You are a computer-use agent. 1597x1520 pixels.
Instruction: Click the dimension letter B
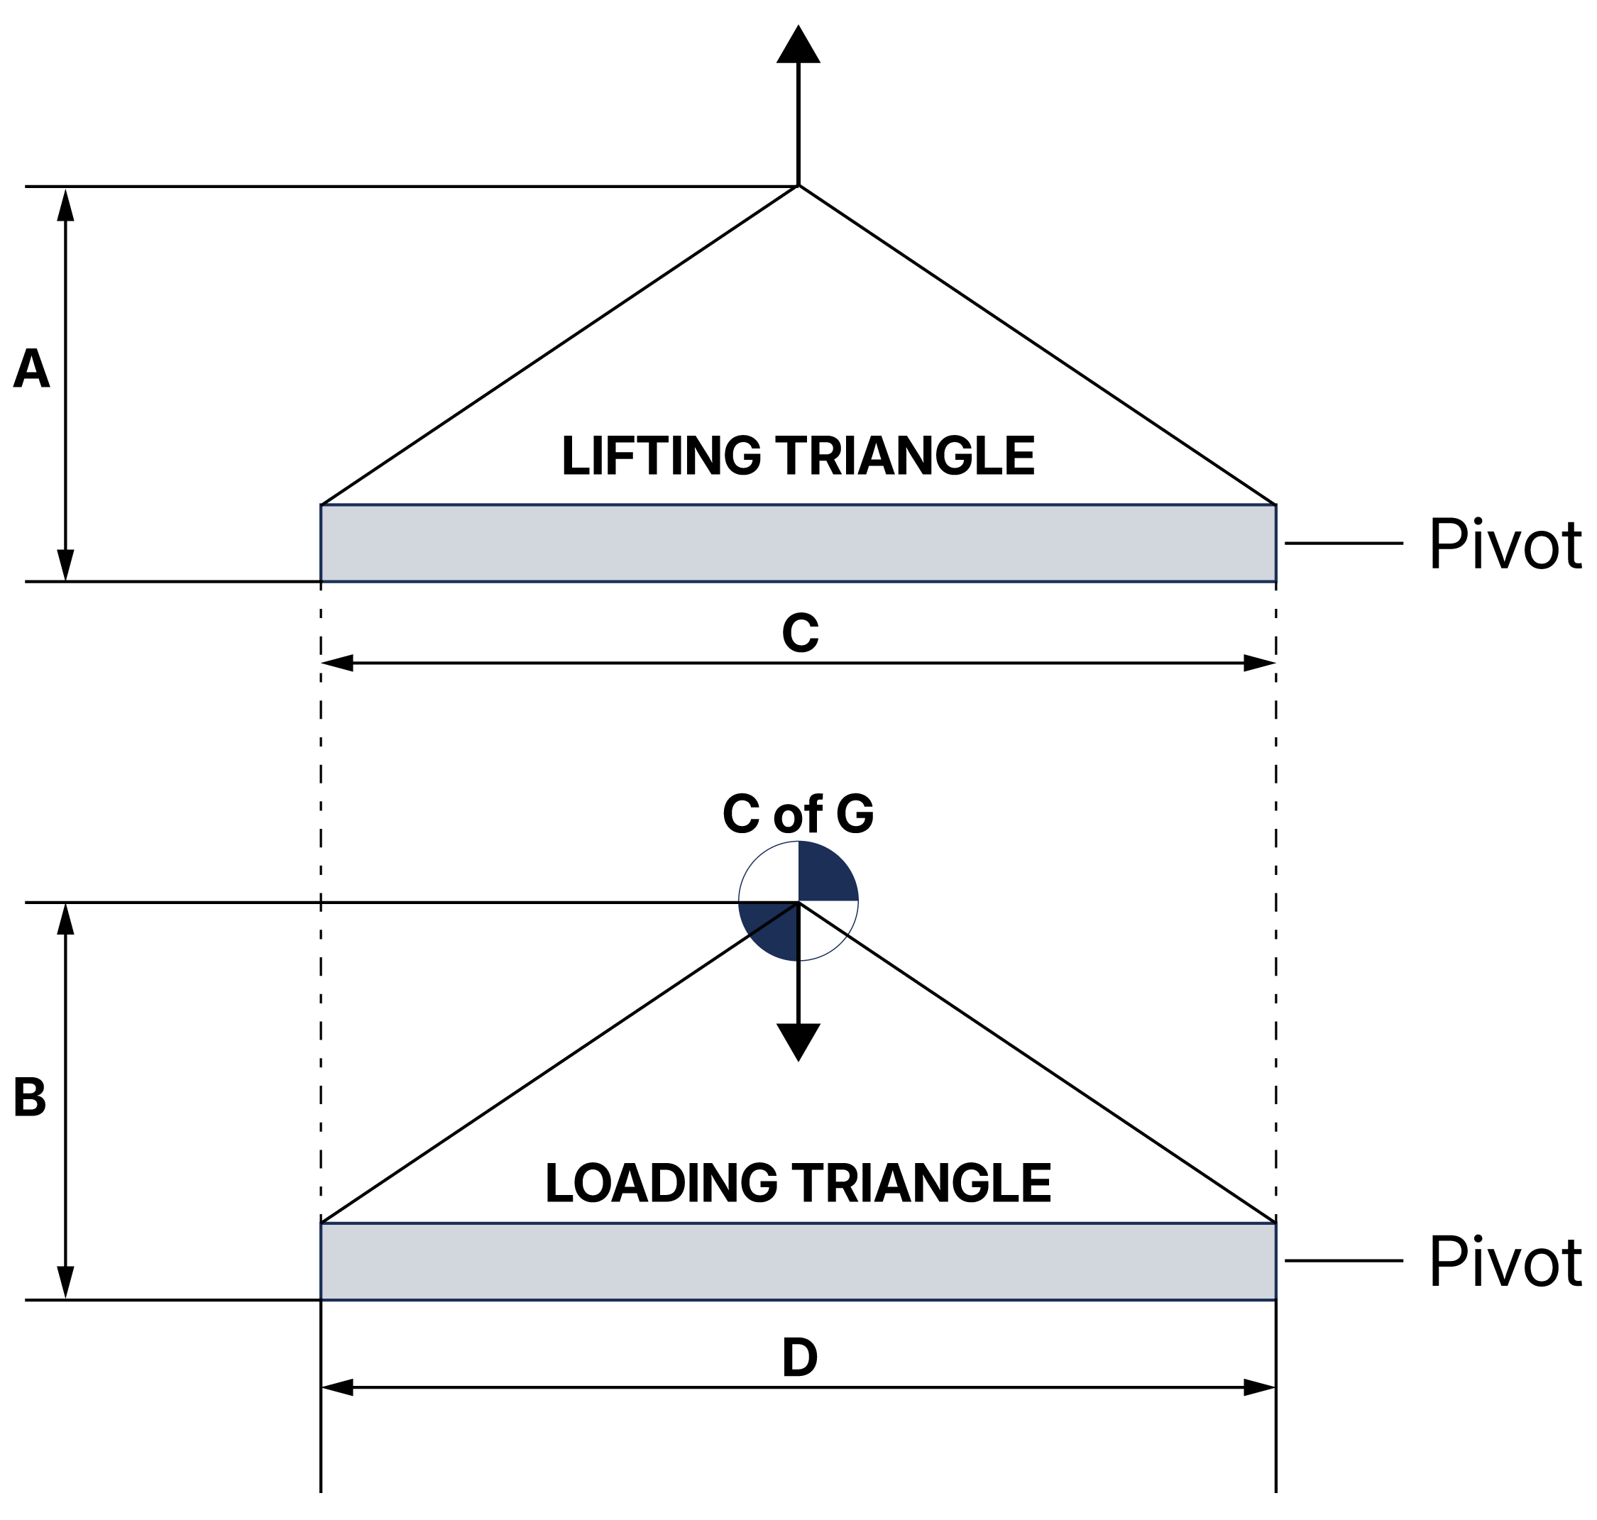(30, 1098)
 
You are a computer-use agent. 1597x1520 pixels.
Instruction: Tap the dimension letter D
(800, 1358)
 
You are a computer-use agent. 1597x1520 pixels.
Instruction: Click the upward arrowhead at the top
(798, 45)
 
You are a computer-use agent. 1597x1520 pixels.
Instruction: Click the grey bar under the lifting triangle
(798, 543)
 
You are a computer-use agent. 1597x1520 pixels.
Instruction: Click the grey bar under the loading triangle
(798, 1262)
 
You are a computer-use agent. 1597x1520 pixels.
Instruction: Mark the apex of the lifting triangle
(798, 187)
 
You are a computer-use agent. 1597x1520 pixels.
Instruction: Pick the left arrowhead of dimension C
(337, 663)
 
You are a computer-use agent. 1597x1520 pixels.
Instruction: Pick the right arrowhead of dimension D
(1259, 1388)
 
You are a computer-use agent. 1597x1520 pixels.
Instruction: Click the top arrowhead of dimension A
(65, 206)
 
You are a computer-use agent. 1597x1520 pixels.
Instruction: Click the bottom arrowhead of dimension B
(65, 1282)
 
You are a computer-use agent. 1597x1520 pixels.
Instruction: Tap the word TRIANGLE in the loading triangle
(921, 1183)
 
